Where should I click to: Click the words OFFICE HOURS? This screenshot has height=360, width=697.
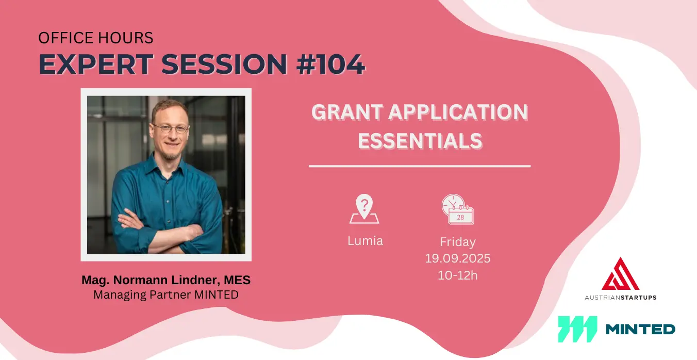(95, 38)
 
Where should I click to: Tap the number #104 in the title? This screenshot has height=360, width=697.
(330, 64)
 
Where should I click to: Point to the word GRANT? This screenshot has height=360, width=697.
(347, 112)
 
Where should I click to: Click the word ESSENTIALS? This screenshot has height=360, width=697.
(420, 141)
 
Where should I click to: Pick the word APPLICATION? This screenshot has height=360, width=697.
(458, 112)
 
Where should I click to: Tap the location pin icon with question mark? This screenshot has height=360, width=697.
(364, 209)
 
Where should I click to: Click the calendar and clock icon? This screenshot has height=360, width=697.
(458, 209)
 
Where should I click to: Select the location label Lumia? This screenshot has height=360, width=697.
(365, 241)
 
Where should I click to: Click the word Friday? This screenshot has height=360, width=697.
(458, 242)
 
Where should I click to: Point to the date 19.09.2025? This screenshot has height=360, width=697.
(458, 258)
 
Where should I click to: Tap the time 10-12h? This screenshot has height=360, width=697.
(458, 275)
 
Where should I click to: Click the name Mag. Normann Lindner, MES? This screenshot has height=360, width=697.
(166, 280)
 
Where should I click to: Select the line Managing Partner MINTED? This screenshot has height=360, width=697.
(166, 294)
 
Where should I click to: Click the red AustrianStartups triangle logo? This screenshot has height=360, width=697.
(621, 274)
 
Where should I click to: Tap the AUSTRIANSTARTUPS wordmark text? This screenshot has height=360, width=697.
(621, 298)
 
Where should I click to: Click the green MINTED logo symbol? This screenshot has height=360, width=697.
(577, 329)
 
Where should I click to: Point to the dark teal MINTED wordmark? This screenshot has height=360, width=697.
(640, 329)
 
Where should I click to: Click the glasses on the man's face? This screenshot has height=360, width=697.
(171, 128)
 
